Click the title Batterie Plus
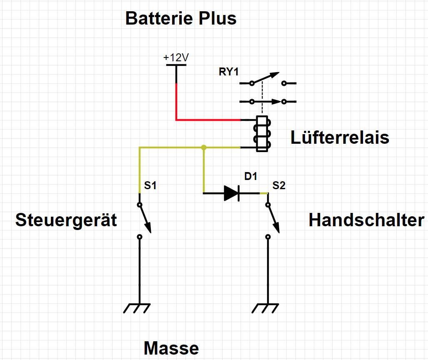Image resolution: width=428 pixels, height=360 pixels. pyautogui.click(x=181, y=19)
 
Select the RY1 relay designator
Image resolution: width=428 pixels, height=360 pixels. pyautogui.click(x=228, y=72)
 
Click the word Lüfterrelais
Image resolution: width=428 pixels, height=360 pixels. pyautogui.click(x=340, y=137)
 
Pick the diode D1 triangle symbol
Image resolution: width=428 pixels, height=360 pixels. pyautogui.click(x=231, y=193)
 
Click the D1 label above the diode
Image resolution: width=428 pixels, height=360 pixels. pyautogui.click(x=251, y=176)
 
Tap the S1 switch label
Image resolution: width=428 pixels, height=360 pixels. pyautogui.click(x=150, y=186)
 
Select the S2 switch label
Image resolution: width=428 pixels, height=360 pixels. pyautogui.click(x=279, y=186)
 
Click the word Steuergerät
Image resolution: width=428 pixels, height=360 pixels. pyautogui.click(x=66, y=220)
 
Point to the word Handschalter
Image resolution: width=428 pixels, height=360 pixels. pyautogui.click(x=366, y=220)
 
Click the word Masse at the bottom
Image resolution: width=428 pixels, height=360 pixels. pyautogui.click(x=171, y=348)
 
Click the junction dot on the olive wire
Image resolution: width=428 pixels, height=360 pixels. pyautogui.click(x=203, y=147)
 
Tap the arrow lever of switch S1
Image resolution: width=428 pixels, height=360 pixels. pyautogui.click(x=145, y=218)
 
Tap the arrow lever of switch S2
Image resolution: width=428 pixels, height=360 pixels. pyautogui.click(x=273, y=218)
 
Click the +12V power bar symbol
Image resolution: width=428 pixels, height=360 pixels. pyautogui.click(x=176, y=65)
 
